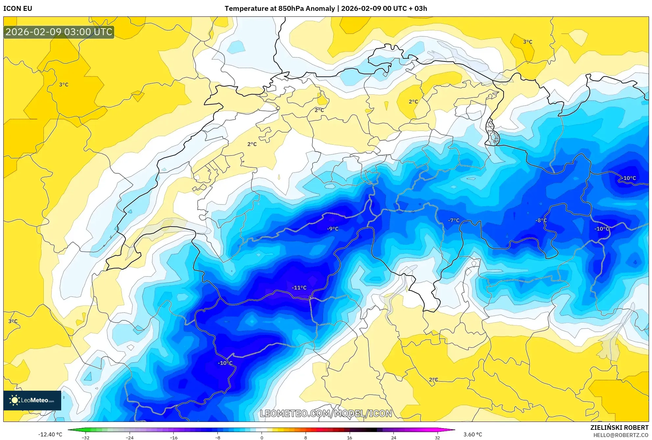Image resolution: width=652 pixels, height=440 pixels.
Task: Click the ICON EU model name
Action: coord(18,9)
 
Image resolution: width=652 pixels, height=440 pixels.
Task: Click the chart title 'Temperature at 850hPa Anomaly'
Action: coord(280,9)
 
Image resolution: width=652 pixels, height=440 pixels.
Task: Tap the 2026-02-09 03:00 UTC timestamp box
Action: coord(59,32)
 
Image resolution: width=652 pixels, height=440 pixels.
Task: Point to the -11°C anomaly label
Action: coord(299,288)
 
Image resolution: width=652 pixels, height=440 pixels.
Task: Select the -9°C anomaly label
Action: coord(333,229)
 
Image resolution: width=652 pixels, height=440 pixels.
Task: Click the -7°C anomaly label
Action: coord(454,220)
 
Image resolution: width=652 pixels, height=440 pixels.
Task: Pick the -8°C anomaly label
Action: coord(541,220)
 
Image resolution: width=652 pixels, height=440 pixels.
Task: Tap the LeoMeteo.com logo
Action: coord(32,400)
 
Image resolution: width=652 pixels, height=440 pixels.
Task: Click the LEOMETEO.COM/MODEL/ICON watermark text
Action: coord(326,413)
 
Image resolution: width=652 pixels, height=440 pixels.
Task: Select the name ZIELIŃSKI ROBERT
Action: coord(619,428)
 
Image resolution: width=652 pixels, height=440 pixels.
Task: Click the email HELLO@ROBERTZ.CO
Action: coord(621,435)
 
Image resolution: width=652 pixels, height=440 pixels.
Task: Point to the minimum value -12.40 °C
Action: coord(50,434)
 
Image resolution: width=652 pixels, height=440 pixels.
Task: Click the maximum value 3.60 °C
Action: coord(473,434)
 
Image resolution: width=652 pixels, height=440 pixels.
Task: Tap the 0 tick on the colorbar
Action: coord(262,438)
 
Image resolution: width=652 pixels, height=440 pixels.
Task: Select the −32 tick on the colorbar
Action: coord(86,438)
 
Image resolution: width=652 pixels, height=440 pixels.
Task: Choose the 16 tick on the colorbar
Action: coord(349,438)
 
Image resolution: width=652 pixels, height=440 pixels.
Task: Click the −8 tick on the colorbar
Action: coord(218,438)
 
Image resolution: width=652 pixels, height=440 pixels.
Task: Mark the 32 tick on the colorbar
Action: coord(437,438)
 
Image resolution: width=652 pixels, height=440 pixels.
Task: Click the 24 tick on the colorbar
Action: coord(393,438)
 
